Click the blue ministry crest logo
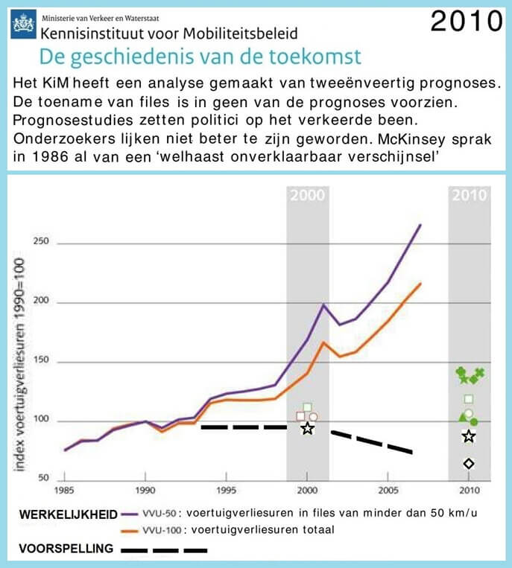pyautogui.click(x=24, y=24)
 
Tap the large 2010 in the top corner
pyautogui.click(x=467, y=21)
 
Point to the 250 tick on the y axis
pyautogui.click(x=41, y=241)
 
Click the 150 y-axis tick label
pyautogui.click(x=41, y=360)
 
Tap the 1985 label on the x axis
pyautogui.click(x=64, y=490)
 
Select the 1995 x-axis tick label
pyautogui.click(x=227, y=490)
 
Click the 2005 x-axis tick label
pyautogui.click(x=388, y=490)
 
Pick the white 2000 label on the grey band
pyautogui.click(x=308, y=195)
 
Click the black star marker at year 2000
pyautogui.click(x=308, y=429)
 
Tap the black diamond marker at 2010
pyautogui.click(x=469, y=464)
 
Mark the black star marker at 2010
pyautogui.click(x=469, y=436)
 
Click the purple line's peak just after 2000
pyautogui.click(x=323, y=304)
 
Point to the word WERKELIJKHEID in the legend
pyautogui.click(x=69, y=514)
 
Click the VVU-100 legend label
pyautogui.click(x=162, y=530)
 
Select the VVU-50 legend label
pyautogui.click(x=159, y=514)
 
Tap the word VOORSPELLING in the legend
pyautogui.click(x=66, y=549)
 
